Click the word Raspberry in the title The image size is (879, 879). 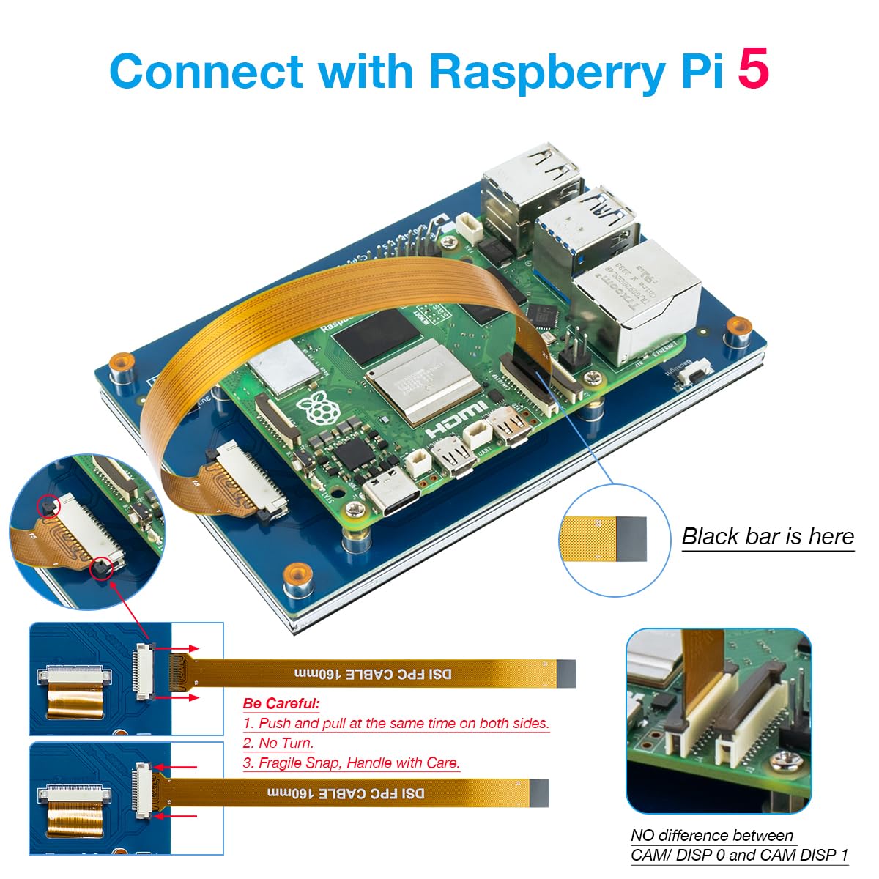click(547, 72)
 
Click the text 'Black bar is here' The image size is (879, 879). click(768, 536)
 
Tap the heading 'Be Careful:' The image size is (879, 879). click(281, 703)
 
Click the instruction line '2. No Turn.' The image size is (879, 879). click(278, 743)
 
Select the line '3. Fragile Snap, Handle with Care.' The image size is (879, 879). click(352, 763)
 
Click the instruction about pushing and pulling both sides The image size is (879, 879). click(396, 723)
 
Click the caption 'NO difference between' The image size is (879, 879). click(712, 835)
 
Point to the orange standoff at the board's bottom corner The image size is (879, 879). click(296, 574)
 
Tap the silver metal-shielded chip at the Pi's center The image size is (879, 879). click(414, 382)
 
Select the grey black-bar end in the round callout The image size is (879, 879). click(631, 539)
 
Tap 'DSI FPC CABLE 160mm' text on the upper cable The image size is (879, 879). click(374, 673)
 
